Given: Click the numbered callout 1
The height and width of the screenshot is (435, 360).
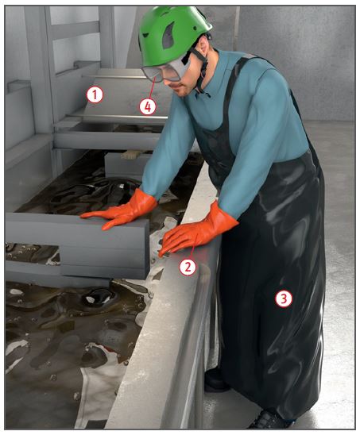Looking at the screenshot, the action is coord(95,95).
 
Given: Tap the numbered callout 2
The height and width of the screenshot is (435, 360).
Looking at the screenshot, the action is coord(188,267).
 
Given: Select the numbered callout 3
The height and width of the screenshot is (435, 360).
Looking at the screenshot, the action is coord(284,298).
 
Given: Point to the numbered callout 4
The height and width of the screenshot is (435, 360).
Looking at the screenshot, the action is coord(148,106).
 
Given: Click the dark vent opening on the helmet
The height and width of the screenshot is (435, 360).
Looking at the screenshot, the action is coord(168,36).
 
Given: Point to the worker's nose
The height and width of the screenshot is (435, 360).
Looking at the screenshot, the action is coord(169,82).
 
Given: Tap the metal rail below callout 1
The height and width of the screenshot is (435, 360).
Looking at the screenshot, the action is coord(117,117).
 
